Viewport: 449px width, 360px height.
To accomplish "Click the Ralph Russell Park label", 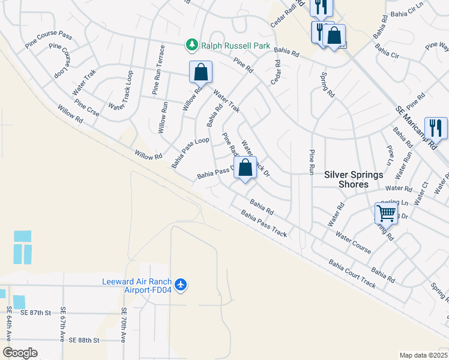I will [x=235, y=46].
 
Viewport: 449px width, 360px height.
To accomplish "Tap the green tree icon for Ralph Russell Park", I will [x=191, y=45].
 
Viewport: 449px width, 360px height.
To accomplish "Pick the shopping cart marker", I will [x=386, y=213].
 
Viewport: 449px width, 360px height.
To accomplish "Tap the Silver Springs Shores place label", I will [x=354, y=179].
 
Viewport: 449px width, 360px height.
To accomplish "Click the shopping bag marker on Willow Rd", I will [x=201, y=72].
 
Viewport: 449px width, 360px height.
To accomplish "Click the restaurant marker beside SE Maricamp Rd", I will [x=436, y=127].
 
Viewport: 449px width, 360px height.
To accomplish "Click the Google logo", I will [x=20, y=352].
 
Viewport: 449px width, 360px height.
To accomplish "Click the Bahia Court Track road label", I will [x=352, y=274].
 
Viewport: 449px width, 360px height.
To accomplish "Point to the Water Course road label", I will [x=354, y=243].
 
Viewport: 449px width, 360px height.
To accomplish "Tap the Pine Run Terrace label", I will [x=158, y=70].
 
